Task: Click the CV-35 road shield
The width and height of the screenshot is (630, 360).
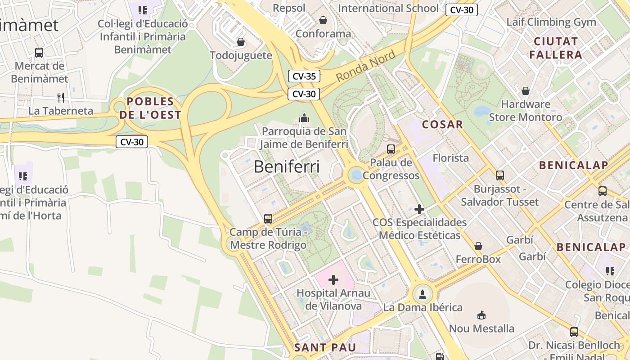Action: [x=304, y=76]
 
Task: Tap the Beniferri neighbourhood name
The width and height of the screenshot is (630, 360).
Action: [x=287, y=166]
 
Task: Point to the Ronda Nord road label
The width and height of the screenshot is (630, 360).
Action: [x=365, y=66]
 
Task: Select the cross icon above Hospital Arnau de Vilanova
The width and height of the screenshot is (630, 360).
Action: [x=333, y=280]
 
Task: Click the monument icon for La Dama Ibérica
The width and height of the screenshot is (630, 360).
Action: [x=422, y=295]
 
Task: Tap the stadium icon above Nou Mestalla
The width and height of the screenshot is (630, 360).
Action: [x=481, y=315]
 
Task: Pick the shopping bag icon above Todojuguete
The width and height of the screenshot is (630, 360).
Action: [x=241, y=42]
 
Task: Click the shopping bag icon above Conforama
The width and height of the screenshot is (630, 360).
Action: [x=323, y=20]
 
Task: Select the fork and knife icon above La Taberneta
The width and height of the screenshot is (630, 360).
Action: [x=61, y=97]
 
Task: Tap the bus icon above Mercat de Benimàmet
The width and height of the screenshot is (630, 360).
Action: [x=39, y=52]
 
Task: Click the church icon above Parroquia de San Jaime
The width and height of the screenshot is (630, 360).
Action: [x=304, y=118]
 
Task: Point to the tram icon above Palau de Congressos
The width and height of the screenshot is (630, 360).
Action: [x=391, y=149]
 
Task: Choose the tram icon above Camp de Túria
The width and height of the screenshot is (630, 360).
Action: [x=268, y=219]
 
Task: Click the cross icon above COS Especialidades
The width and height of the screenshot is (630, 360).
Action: [x=419, y=209]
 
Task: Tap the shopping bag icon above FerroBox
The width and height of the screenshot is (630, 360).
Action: [x=478, y=246]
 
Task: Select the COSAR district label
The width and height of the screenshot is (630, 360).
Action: [x=442, y=125]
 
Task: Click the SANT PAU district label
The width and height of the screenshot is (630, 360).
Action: [x=325, y=347]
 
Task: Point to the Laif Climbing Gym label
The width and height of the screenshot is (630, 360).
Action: [x=551, y=22]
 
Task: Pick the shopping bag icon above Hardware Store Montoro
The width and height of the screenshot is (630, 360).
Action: [x=525, y=91]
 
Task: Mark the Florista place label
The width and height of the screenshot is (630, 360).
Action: [x=450, y=158]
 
